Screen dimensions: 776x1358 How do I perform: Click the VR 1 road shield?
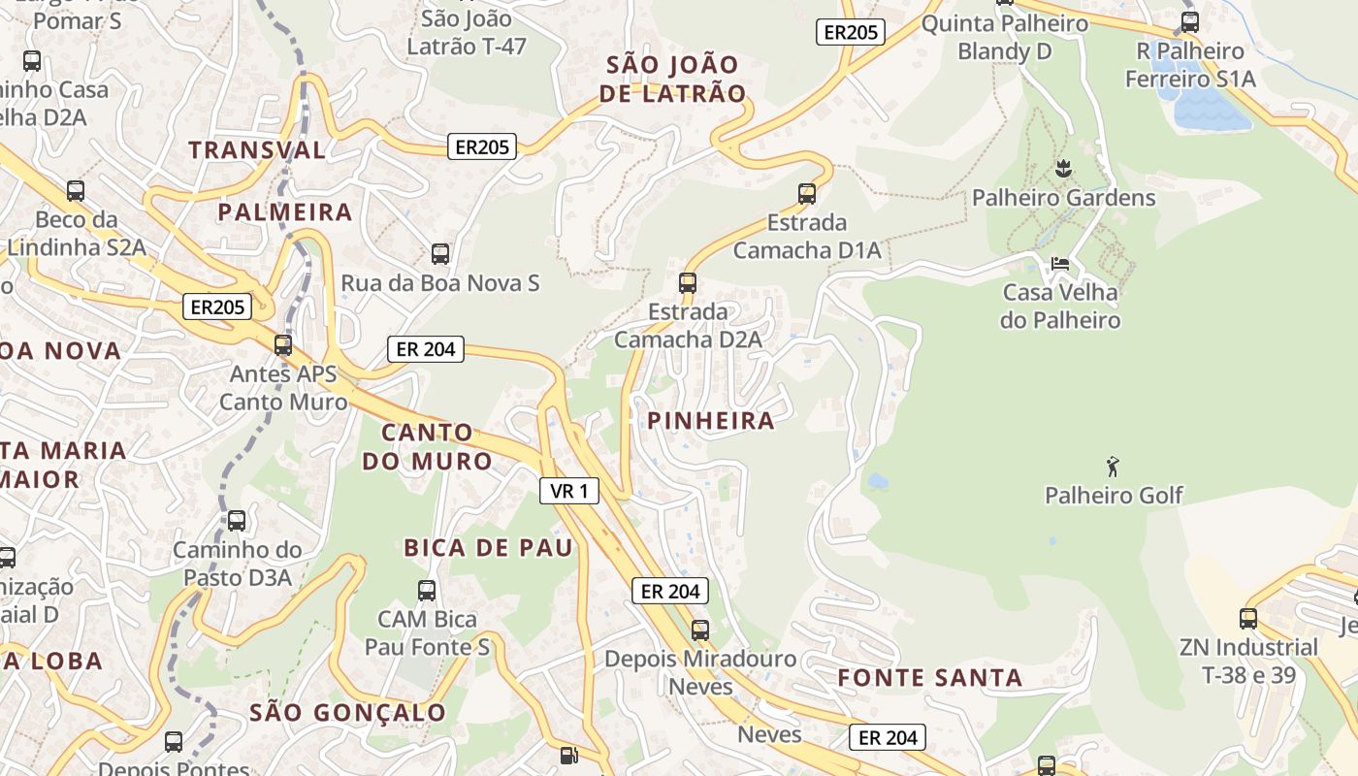pyautogui.click(x=569, y=491)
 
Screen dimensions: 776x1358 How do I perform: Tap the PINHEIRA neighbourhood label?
pyautogui.click(x=711, y=420)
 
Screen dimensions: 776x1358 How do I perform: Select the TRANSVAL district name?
pyautogui.click(x=257, y=149)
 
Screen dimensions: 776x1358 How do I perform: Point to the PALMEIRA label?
pyautogui.click(x=284, y=211)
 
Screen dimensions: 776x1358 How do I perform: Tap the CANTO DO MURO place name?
pyautogui.click(x=428, y=446)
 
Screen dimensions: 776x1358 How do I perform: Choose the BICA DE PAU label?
pyautogui.click(x=488, y=547)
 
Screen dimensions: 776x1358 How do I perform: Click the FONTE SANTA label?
pyautogui.click(x=929, y=677)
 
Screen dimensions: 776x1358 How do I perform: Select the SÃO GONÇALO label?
pyautogui.click(x=347, y=712)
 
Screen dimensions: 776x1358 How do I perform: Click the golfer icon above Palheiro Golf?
pyautogui.click(x=1113, y=467)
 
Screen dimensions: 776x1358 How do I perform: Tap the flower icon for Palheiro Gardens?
pyautogui.click(x=1063, y=169)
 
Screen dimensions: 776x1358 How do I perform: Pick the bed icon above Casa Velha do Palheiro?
pyautogui.click(x=1060, y=263)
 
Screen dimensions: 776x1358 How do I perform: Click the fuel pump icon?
pyautogui.click(x=569, y=755)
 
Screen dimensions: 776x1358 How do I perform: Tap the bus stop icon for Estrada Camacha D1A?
pyautogui.click(x=807, y=193)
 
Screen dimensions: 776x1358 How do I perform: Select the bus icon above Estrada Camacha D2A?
pyautogui.click(x=688, y=282)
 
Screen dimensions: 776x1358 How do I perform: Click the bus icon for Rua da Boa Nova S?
pyautogui.click(x=440, y=254)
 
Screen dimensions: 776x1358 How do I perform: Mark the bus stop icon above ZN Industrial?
pyautogui.click(x=1248, y=618)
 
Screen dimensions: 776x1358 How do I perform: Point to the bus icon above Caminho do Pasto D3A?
pyautogui.click(x=237, y=521)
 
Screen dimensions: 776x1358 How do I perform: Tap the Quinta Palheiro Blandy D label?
pyautogui.click(x=1004, y=37)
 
